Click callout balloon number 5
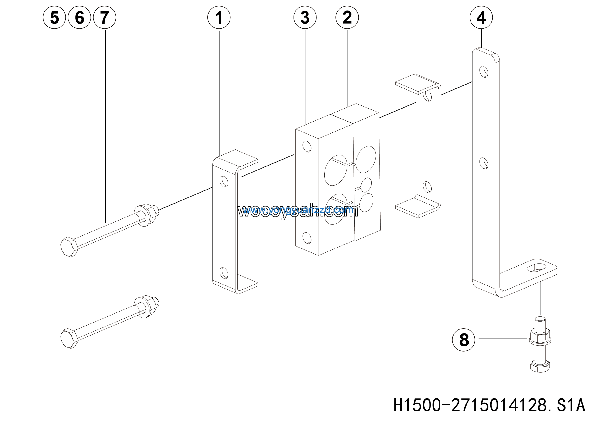[x=54, y=17]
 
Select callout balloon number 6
[x=79, y=17]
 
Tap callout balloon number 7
[x=105, y=17]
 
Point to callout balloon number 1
[x=219, y=17]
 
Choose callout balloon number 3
[x=305, y=17]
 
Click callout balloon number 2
[x=347, y=17]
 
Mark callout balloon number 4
[x=481, y=17]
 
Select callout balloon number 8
[x=464, y=340]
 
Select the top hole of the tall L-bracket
[x=484, y=72]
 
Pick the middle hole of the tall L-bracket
[x=484, y=163]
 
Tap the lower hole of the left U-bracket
[x=224, y=273]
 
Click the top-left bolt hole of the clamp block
[x=307, y=146]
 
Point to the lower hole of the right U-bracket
[x=427, y=187]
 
